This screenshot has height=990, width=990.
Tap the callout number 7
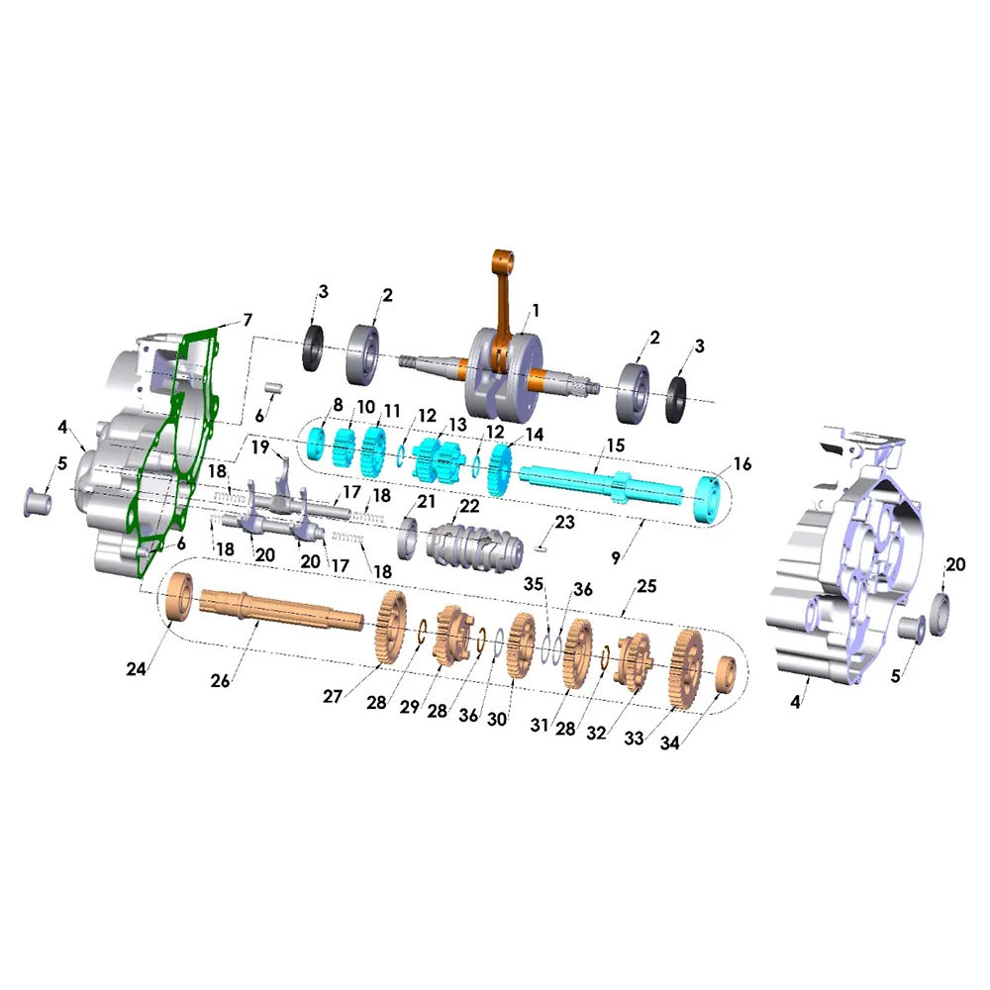(247, 320)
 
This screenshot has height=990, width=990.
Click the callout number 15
(616, 445)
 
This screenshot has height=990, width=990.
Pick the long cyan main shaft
(601, 484)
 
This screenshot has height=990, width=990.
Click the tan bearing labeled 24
(180, 597)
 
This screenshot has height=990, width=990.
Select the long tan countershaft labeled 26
(281, 609)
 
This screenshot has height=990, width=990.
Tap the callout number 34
(670, 743)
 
